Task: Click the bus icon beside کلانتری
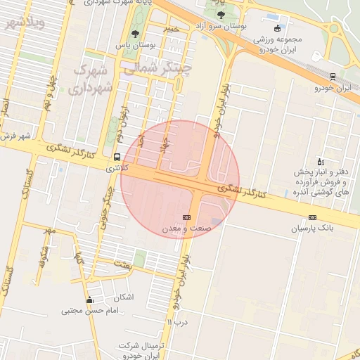tap(116, 157)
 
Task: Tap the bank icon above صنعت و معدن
tap(186, 218)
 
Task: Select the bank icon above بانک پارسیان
tap(312, 217)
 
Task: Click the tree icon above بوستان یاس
tap(135, 33)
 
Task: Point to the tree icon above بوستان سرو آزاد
tap(221, 14)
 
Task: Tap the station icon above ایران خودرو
tap(333, 77)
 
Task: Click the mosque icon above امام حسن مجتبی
tap(89, 300)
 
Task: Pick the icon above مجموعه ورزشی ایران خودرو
tap(278, 28)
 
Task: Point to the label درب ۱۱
tap(179, 321)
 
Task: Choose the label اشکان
tap(122, 297)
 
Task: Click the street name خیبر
tap(171, 29)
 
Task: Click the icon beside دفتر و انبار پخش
tap(321, 161)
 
